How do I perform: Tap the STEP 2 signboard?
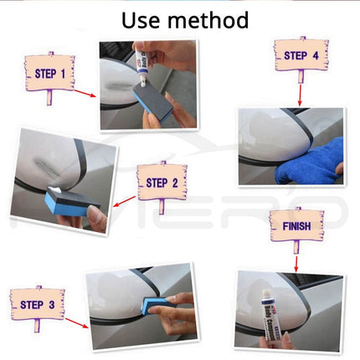click(162, 182)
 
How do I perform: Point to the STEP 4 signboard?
click(301, 56)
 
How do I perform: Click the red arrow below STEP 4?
click(299, 92)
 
